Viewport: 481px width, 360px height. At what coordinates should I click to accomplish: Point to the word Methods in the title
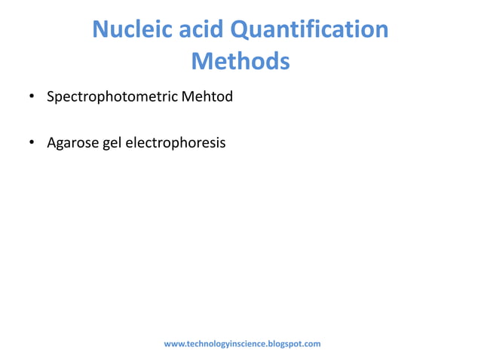pyautogui.click(x=240, y=60)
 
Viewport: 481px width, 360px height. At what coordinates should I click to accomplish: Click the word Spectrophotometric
pyautogui.click(x=108, y=97)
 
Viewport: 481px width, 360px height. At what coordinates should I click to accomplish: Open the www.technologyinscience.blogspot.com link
pyautogui.click(x=242, y=343)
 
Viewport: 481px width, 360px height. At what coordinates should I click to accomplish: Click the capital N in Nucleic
pyautogui.click(x=100, y=30)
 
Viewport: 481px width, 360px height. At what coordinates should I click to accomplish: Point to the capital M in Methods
pyautogui.click(x=203, y=60)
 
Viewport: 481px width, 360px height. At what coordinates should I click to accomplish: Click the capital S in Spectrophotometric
pyautogui.click(x=51, y=97)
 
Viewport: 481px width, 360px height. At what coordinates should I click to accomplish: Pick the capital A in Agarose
pyautogui.click(x=51, y=142)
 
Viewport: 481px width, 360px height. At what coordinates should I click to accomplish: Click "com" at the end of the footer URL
pyautogui.click(x=313, y=343)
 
